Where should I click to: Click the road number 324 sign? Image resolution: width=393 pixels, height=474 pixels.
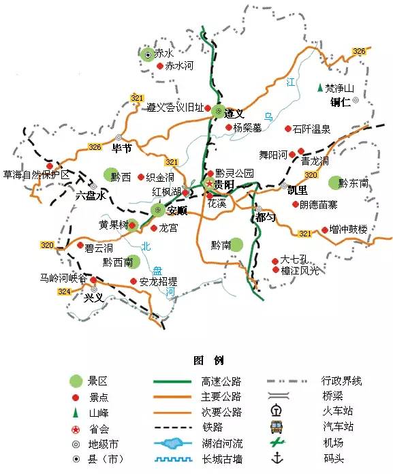(x=65, y=291)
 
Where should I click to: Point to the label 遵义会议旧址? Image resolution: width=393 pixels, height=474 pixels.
(x=175, y=108)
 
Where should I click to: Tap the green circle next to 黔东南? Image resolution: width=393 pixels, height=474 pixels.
(x=333, y=183)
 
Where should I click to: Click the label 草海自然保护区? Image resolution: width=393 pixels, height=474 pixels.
(x=36, y=175)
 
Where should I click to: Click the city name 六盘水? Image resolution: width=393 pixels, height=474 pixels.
(x=91, y=195)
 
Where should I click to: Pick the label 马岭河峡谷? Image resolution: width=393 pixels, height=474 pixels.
(x=63, y=278)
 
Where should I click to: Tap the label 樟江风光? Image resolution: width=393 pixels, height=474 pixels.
(x=300, y=270)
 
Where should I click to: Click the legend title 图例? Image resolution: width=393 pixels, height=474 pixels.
(x=209, y=360)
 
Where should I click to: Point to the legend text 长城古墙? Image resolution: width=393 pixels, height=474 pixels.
(x=221, y=459)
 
